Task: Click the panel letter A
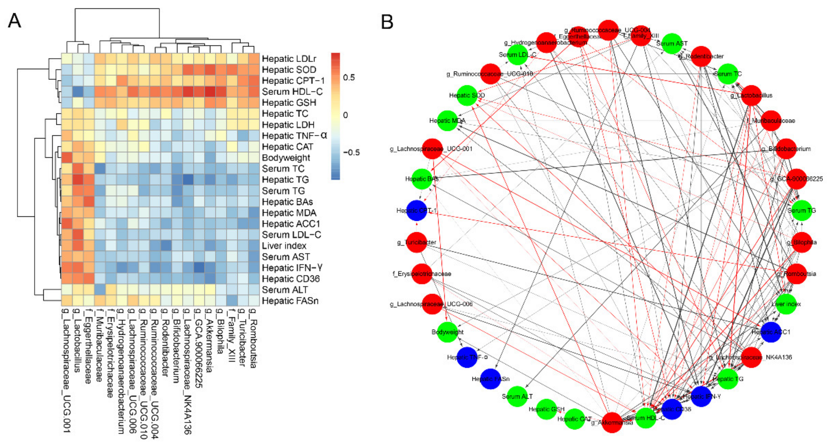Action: click(x=15, y=21)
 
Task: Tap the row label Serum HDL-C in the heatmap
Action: click(x=292, y=92)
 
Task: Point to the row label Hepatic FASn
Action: click(x=290, y=301)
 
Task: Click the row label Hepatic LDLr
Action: click(x=289, y=59)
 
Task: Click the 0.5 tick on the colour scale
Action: click(x=349, y=77)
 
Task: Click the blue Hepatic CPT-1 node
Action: click(x=417, y=211)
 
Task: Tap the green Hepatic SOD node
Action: click(x=467, y=95)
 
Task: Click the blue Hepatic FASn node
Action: click(x=491, y=379)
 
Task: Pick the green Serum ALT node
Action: click(x=517, y=396)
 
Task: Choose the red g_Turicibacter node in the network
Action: click(x=417, y=242)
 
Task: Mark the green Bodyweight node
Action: click(x=447, y=332)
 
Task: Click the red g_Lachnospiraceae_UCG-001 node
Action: click(x=432, y=149)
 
